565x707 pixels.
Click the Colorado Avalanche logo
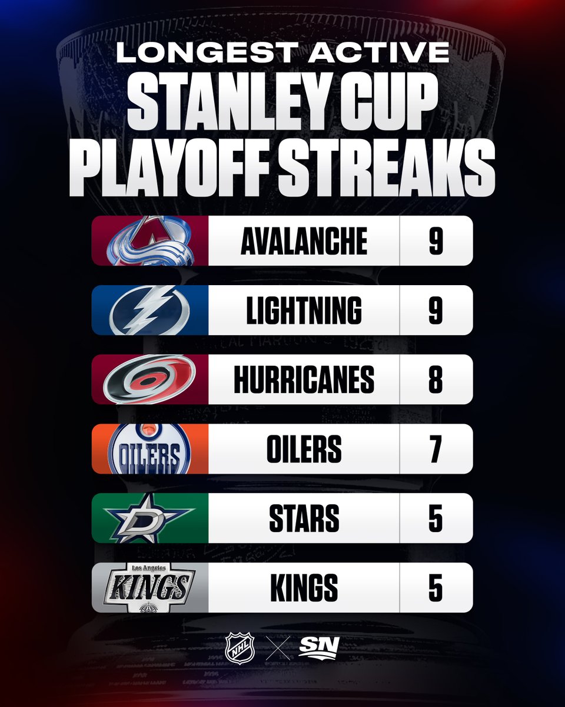149,241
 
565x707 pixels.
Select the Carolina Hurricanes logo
149,379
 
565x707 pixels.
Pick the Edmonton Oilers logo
149,449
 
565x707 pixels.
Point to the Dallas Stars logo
149,518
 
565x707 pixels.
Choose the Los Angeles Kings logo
149,587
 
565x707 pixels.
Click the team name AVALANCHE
304,241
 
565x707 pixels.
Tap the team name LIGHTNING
304,310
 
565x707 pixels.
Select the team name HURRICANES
304,379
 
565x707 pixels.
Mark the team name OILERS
304,449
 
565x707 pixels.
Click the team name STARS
304,518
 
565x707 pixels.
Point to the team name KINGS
304,587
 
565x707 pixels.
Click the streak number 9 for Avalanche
436,241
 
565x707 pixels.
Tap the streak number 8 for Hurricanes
436,379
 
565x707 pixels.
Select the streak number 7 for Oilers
436,449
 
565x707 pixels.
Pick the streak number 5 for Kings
436,587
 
